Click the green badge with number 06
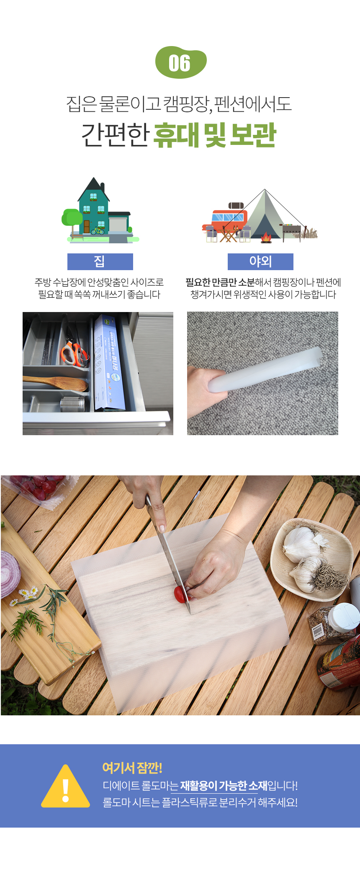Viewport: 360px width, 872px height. tap(180, 62)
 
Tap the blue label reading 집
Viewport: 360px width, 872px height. tap(100, 262)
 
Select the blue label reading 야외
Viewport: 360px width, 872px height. tap(260, 262)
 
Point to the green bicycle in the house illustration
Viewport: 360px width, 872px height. tap(98, 231)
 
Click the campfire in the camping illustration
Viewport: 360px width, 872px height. tap(266, 237)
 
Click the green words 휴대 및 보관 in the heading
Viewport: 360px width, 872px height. tap(215, 135)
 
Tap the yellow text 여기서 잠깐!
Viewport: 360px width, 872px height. tap(132, 768)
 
